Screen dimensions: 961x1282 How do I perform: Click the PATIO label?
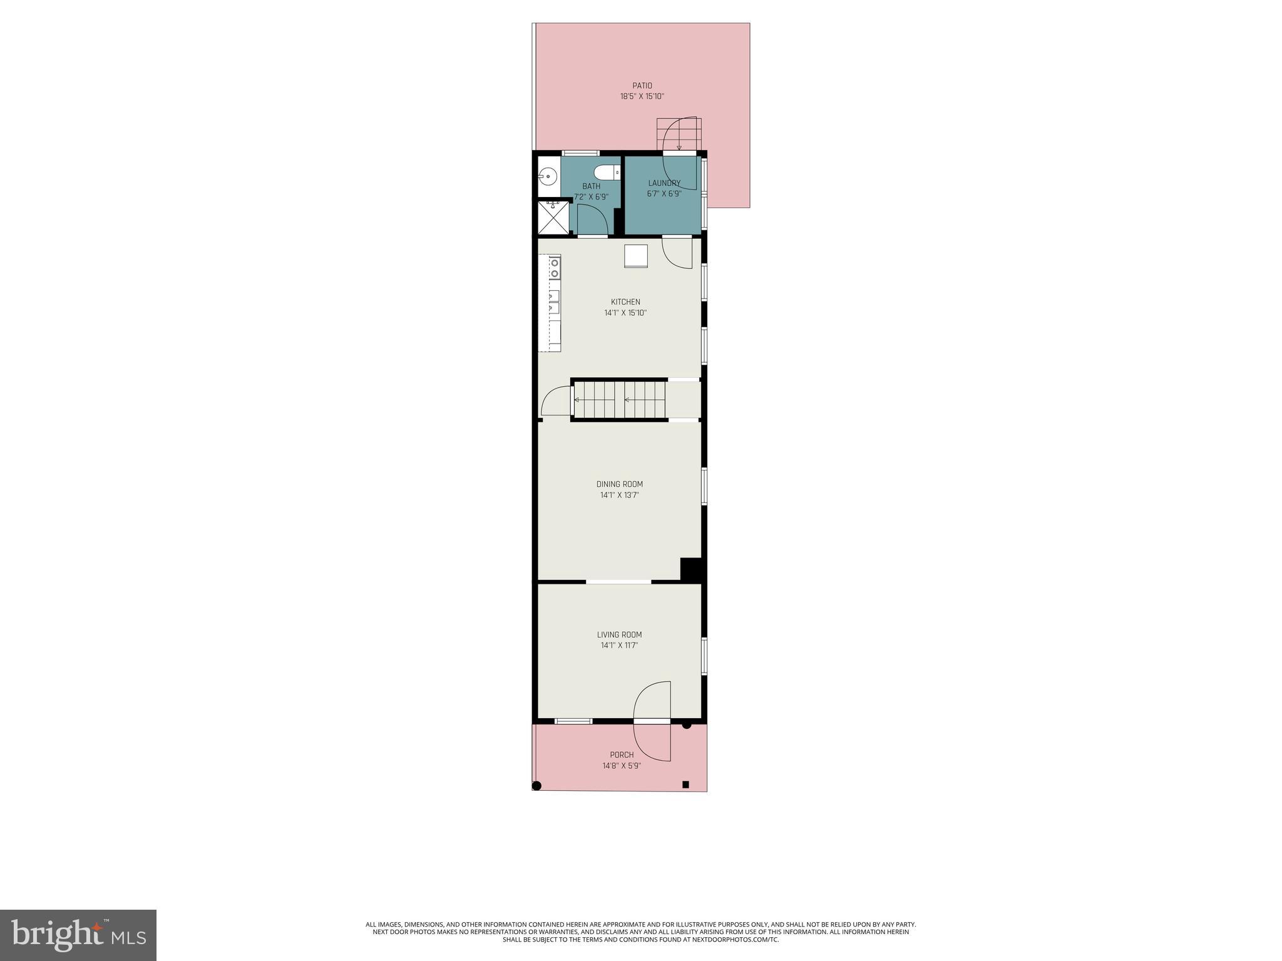pos(642,86)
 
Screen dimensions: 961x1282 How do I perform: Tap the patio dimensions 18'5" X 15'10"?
pos(642,97)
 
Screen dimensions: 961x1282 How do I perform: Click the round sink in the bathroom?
pos(548,176)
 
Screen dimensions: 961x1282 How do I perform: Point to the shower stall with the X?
pos(553,217)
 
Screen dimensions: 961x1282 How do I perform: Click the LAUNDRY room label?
pos(664,183)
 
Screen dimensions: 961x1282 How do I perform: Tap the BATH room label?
pos(591,186)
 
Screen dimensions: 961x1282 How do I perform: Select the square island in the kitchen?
pos(635,256)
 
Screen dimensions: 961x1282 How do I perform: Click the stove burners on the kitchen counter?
pos(555,268)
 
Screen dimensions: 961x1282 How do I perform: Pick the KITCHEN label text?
pos(625,302)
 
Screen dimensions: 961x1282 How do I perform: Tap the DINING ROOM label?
pos(619,484)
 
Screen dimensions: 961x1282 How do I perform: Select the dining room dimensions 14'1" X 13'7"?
pos(619,496)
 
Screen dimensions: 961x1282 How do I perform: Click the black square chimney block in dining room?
pos(690,569)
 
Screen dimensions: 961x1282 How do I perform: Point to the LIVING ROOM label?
pos(619,634)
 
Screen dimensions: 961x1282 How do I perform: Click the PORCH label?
pos(622,755)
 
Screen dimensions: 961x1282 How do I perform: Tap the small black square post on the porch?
pos(685,785)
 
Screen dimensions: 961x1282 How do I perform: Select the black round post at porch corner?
pos(536,786)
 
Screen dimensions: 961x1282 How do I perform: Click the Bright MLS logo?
pos(78,935)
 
